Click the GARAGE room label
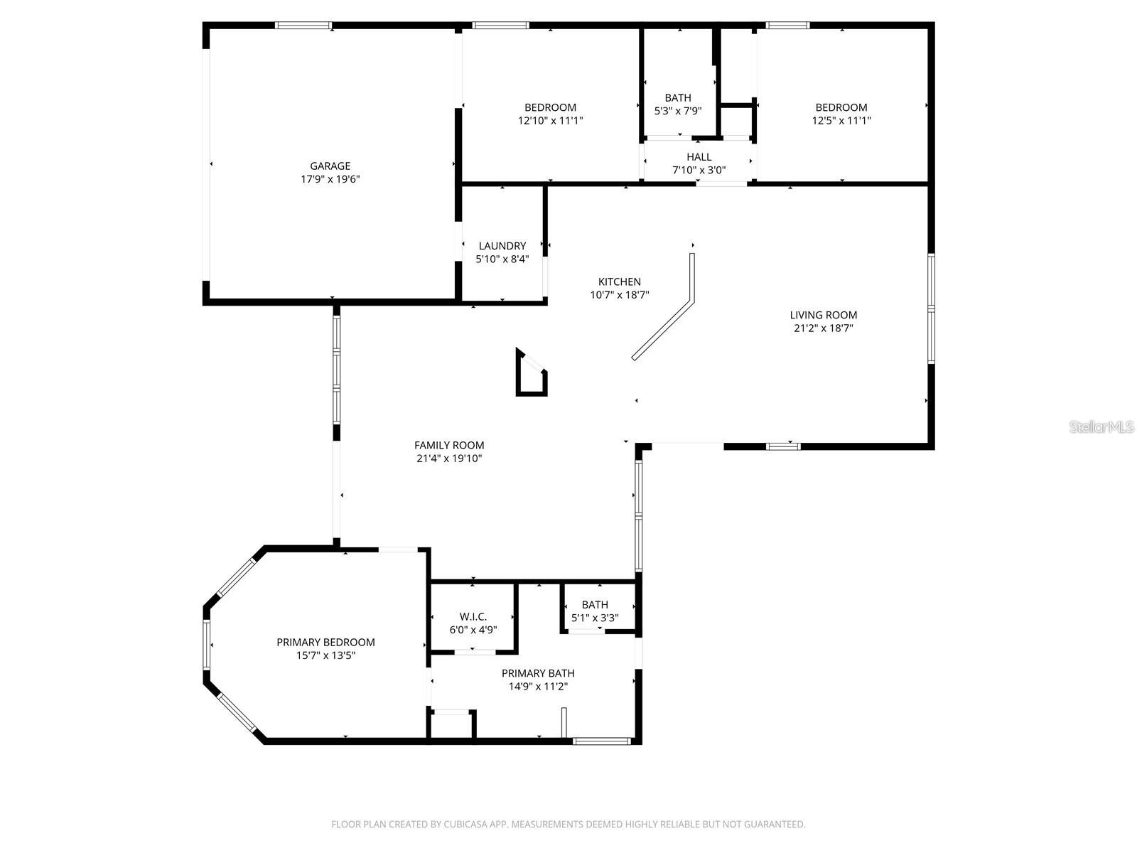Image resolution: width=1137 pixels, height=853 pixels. click(x=330, y=166)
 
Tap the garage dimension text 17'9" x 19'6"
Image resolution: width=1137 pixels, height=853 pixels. click(x=330, y=179)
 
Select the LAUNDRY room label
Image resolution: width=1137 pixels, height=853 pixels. click(x=502, y=246)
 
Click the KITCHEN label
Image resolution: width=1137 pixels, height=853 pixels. click(x=619, y=281)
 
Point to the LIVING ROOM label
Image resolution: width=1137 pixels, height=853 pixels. click(x=823, y=315)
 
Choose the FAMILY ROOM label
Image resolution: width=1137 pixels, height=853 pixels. click(x=449, y=445)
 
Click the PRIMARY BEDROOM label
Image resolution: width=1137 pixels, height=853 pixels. click(x=325, y=642)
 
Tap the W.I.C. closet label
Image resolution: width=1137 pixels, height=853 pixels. click(x=473, y=616)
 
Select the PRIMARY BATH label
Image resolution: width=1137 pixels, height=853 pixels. click(x=538, y=673)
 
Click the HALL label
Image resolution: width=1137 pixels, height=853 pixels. click(x=699, y=157)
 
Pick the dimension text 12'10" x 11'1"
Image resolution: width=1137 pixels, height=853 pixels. click(x=550, y=120)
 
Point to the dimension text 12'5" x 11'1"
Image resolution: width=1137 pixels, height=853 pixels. click(x=841, y=120)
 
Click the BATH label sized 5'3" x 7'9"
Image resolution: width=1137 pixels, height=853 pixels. click(x=677, y=97)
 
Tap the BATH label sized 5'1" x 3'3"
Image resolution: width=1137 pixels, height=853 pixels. click(x=595, y=605)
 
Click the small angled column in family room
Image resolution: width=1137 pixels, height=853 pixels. click(x=530, y=375)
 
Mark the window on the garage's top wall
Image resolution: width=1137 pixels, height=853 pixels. click(x=303, y=26)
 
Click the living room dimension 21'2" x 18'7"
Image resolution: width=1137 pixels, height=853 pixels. click(x=823, y=328)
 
